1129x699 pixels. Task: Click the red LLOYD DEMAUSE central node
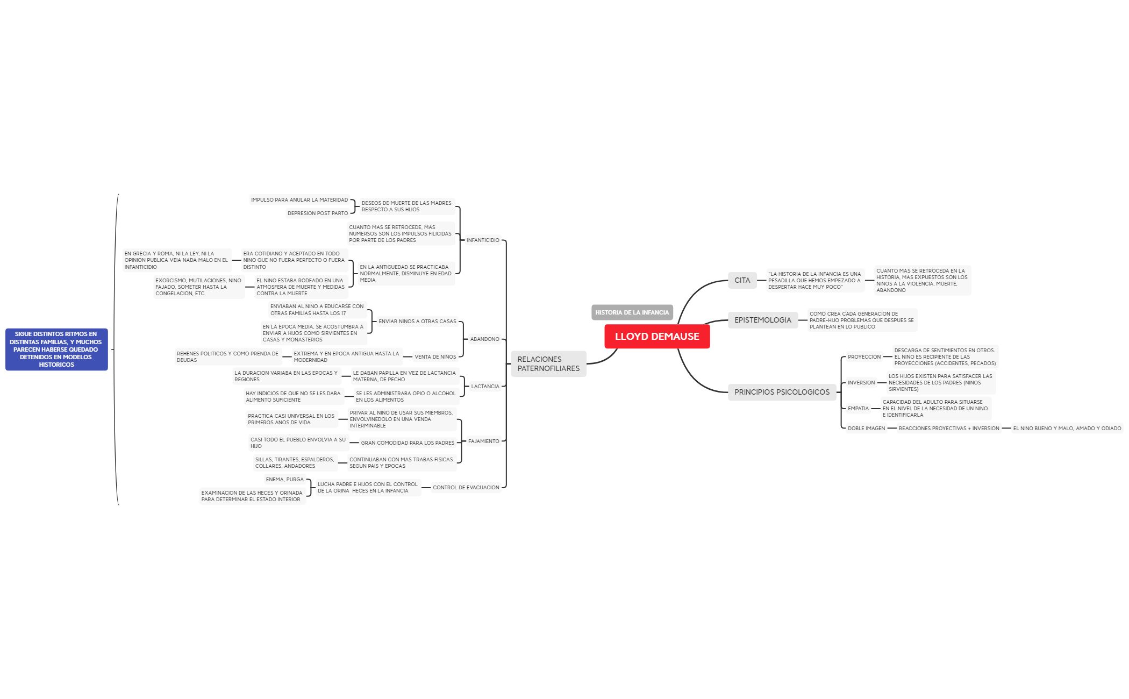pyautogui.click(x=657, y=337)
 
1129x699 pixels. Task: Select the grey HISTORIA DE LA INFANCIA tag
pyautogui.click(x=632, y=312)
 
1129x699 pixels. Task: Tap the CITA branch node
pyautogui.click(x=742, y=280)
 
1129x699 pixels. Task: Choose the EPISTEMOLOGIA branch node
pyautogui.click(x=763, y=320)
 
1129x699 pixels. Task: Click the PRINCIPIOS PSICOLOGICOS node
pyautogui.click(x=782, y=392)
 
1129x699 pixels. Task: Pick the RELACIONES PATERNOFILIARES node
pyautogui.click(x=548, y=364)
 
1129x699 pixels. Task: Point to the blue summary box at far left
pyautogui.click(x=56, y=349)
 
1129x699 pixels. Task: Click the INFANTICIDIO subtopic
pyautogui.click(x=483, y=240)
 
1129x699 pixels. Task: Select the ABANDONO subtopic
pyautogui.click(x=485, y=339)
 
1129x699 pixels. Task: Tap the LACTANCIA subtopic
pyautogui.click(x=485, y=387)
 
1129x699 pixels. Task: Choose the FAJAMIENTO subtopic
pyautogui.click(x=484, y=441)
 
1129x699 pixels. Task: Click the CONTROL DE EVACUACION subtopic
pyautogui.click(x=466, y=488)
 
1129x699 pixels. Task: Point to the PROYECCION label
pyautogui.click(x=864, y=357)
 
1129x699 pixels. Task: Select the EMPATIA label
pyautogui.click(x=859, y=409)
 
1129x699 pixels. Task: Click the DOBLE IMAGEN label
pyautogui.click(x=867, y=429)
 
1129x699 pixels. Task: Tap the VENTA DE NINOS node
pyautogui.click(x=435, y=357)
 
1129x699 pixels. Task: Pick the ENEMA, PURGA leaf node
pyautogui.click(x=285, y=480)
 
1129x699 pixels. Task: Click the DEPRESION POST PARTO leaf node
pyautogui.click(x=318, y=213)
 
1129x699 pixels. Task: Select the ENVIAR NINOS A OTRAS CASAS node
pyautogui.click(x=417, y=322)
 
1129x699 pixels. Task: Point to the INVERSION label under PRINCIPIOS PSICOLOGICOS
pyautogui.click(x=861, y=383)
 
